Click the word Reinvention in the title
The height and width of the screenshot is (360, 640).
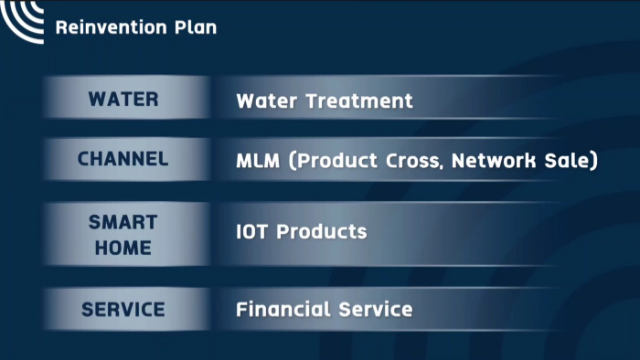pyautogui.click(x=111, y=27)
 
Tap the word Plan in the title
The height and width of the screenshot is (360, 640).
pyautogui.click(x=196, y=27)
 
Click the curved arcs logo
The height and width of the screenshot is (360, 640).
pyautogui.click(x=22, y=21)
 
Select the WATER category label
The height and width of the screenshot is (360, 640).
pyautogui.click(x=123, y=99)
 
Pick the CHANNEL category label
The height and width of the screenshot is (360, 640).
pyautogui.click(x=123, y=159)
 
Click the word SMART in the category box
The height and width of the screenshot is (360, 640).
pyautogui.click(x=123, y=223)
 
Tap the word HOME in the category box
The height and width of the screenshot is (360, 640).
pyautogui.click(x=123, y=248)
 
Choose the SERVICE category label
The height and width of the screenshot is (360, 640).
pyautogui.click(x=123, y=310)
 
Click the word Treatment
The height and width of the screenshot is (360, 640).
pyautogui.click(x=359, y=101)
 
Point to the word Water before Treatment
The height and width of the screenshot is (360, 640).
pyautogui.click(x=267, y=101)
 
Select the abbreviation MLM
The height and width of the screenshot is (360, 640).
pyautogui.click(x=258, y=161)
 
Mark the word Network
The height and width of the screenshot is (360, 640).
pyautogui.click(x=494, y=160)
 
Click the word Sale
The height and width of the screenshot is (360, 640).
pyautogui.click(x=565, y=160)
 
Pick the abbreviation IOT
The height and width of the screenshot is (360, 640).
pyautogui.click(x=251, y=231)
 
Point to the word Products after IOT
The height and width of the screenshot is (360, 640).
pyautogui.click(x=322, y=231)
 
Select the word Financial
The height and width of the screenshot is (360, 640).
pyautogui.click(x=283, y=310)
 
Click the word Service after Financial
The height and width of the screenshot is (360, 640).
pyautogui.click(x=376, y=310)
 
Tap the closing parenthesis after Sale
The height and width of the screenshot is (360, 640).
pyautogui.click(x=592, y=161)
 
